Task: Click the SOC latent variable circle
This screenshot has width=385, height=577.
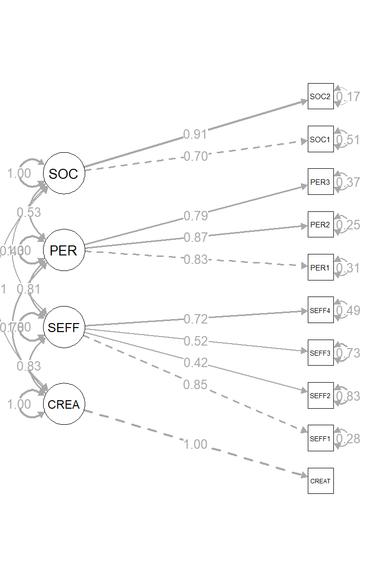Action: [x=64, y=174]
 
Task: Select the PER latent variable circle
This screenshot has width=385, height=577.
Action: [x=64, y=250]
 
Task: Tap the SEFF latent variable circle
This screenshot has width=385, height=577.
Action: [x=64, y=328]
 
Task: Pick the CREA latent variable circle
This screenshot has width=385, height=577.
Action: [x=64, y=404]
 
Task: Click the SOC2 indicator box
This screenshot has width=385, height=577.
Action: [x=320, y=96]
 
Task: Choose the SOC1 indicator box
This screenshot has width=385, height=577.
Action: [x=320, y=139]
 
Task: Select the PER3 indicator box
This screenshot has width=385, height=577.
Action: [x=320, y=182]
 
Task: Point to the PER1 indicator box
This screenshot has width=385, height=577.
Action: [x=320, y=267]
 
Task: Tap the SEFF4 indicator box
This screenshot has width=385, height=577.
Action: [x=320, y=310]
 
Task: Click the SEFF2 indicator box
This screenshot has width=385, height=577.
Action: [x=320, y=396]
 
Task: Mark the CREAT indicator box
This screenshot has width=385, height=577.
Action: [x=320, y=481]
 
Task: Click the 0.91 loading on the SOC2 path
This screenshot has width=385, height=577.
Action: [x=195, y=134]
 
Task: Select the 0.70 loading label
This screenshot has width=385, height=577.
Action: [x=195, y=156]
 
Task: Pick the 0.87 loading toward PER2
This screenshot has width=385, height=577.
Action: [x=195, y=237]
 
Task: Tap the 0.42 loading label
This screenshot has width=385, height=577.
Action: [x=195, y=363]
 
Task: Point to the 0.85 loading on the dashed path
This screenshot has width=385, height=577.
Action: [x=195, y=385]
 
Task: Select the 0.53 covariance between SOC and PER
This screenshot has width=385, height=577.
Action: [x=29, y=212]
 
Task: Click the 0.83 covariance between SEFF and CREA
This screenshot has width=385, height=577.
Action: [x=29, y=366]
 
